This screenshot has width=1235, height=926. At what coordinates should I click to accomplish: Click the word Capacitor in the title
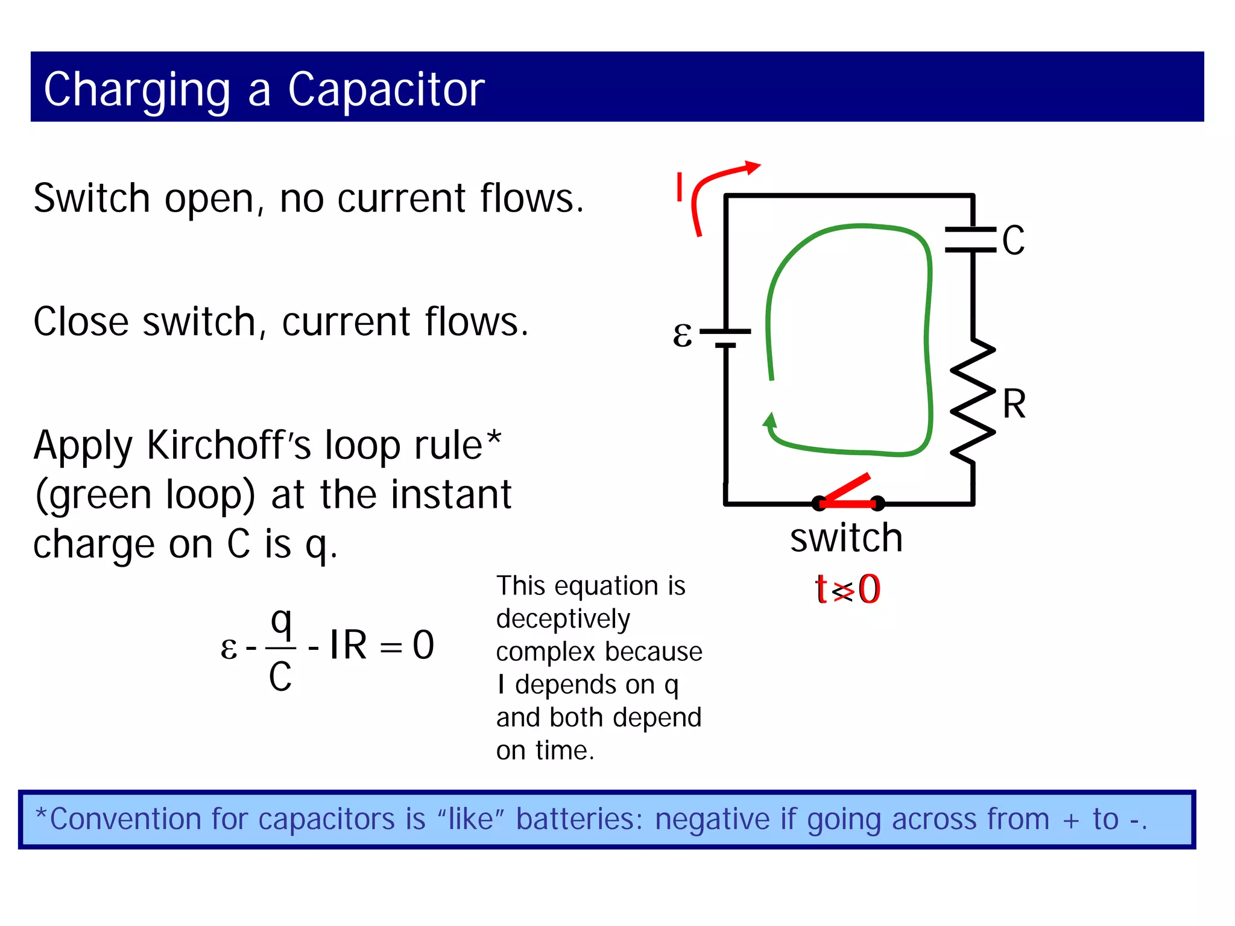coord(386,89)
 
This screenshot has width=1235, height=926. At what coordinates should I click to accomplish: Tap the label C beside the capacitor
coord(1013,241)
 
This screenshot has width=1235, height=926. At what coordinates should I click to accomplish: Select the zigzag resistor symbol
coord(972,401)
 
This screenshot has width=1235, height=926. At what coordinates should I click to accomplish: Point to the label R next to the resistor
coord(1014,405)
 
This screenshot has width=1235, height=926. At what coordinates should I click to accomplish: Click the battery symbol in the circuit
coord(726,338)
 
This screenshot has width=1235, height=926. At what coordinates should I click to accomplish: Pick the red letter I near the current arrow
coord(680,187)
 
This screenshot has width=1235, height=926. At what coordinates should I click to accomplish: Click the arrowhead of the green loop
coord(770,420)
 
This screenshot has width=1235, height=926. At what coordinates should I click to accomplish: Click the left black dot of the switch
coord(818,503)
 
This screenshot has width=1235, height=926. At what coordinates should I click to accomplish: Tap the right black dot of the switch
coord(878,503)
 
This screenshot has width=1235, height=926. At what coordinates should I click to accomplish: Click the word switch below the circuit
coord(846,538)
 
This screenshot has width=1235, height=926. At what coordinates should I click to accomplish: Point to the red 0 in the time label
coord(869,590)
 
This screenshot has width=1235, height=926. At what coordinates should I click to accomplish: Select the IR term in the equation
coord(348,645)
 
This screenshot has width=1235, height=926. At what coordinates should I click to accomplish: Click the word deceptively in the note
coord(563,619)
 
